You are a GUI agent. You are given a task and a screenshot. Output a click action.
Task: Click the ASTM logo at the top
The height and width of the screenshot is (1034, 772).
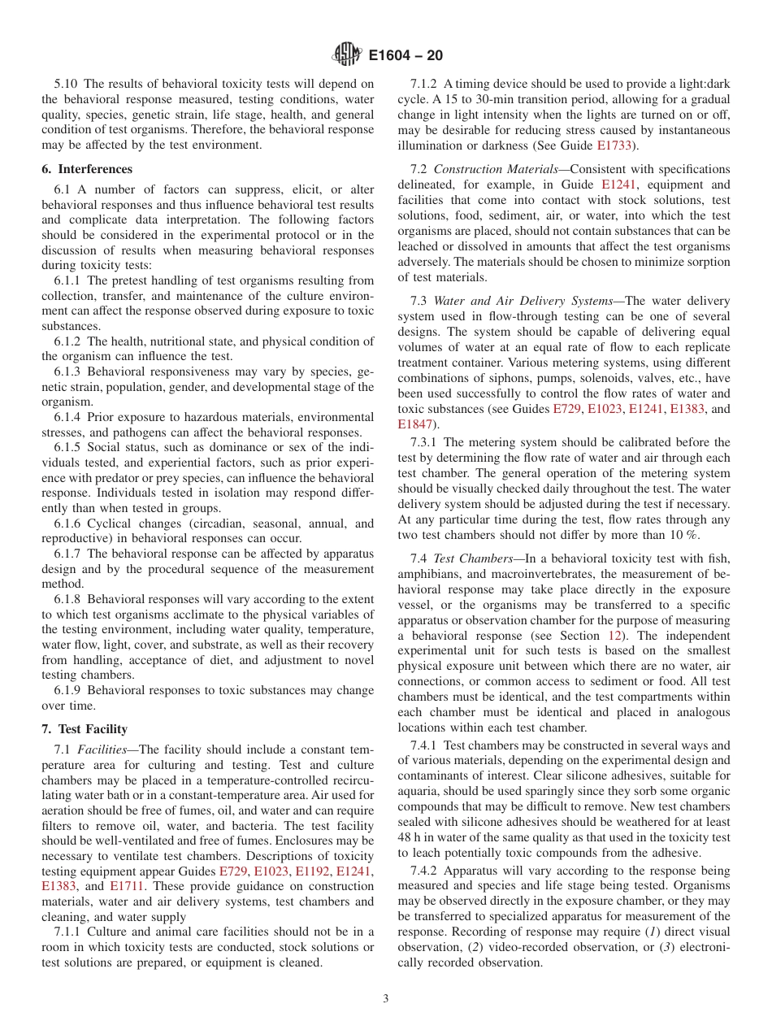point(347,55)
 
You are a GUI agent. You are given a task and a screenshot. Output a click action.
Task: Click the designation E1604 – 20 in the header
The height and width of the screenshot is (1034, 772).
point(405,56)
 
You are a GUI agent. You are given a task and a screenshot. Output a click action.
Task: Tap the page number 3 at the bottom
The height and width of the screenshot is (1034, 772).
point(386,998)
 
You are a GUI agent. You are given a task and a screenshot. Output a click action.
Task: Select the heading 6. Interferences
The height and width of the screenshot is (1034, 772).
point(87,169)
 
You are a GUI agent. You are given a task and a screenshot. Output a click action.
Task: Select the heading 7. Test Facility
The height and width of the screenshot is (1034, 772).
point(85,729)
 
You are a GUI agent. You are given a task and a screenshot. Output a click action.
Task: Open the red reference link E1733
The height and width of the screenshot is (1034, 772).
point(618,146)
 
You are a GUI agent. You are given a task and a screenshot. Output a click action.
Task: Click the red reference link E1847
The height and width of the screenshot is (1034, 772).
point(415,424)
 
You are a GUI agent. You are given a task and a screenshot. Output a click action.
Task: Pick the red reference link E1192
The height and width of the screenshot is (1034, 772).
point(312,871)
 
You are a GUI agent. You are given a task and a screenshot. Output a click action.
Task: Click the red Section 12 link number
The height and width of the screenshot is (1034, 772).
point(615,635)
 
